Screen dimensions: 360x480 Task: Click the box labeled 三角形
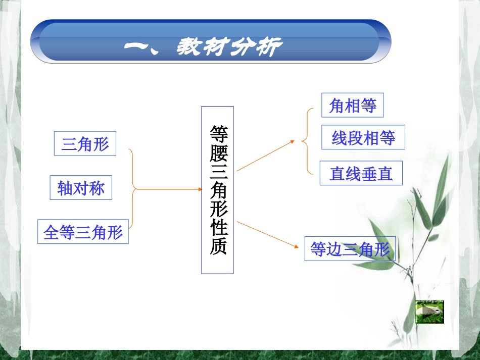point(85,144)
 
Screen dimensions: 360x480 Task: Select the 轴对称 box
point(81,188)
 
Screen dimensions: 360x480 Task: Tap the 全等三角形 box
point(83,232)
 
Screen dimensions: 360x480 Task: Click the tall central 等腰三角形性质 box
point(217,190)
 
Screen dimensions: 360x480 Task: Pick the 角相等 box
point(353,106)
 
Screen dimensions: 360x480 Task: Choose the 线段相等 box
point(363,137)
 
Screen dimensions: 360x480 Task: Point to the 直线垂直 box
point(361,173)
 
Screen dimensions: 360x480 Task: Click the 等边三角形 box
point(350,248)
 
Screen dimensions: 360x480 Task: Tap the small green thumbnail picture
point(429,312)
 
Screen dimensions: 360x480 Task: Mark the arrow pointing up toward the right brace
point(265,156)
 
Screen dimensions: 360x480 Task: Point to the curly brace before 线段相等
point(305,141)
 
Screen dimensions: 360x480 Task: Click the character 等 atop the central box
point(218,133)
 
